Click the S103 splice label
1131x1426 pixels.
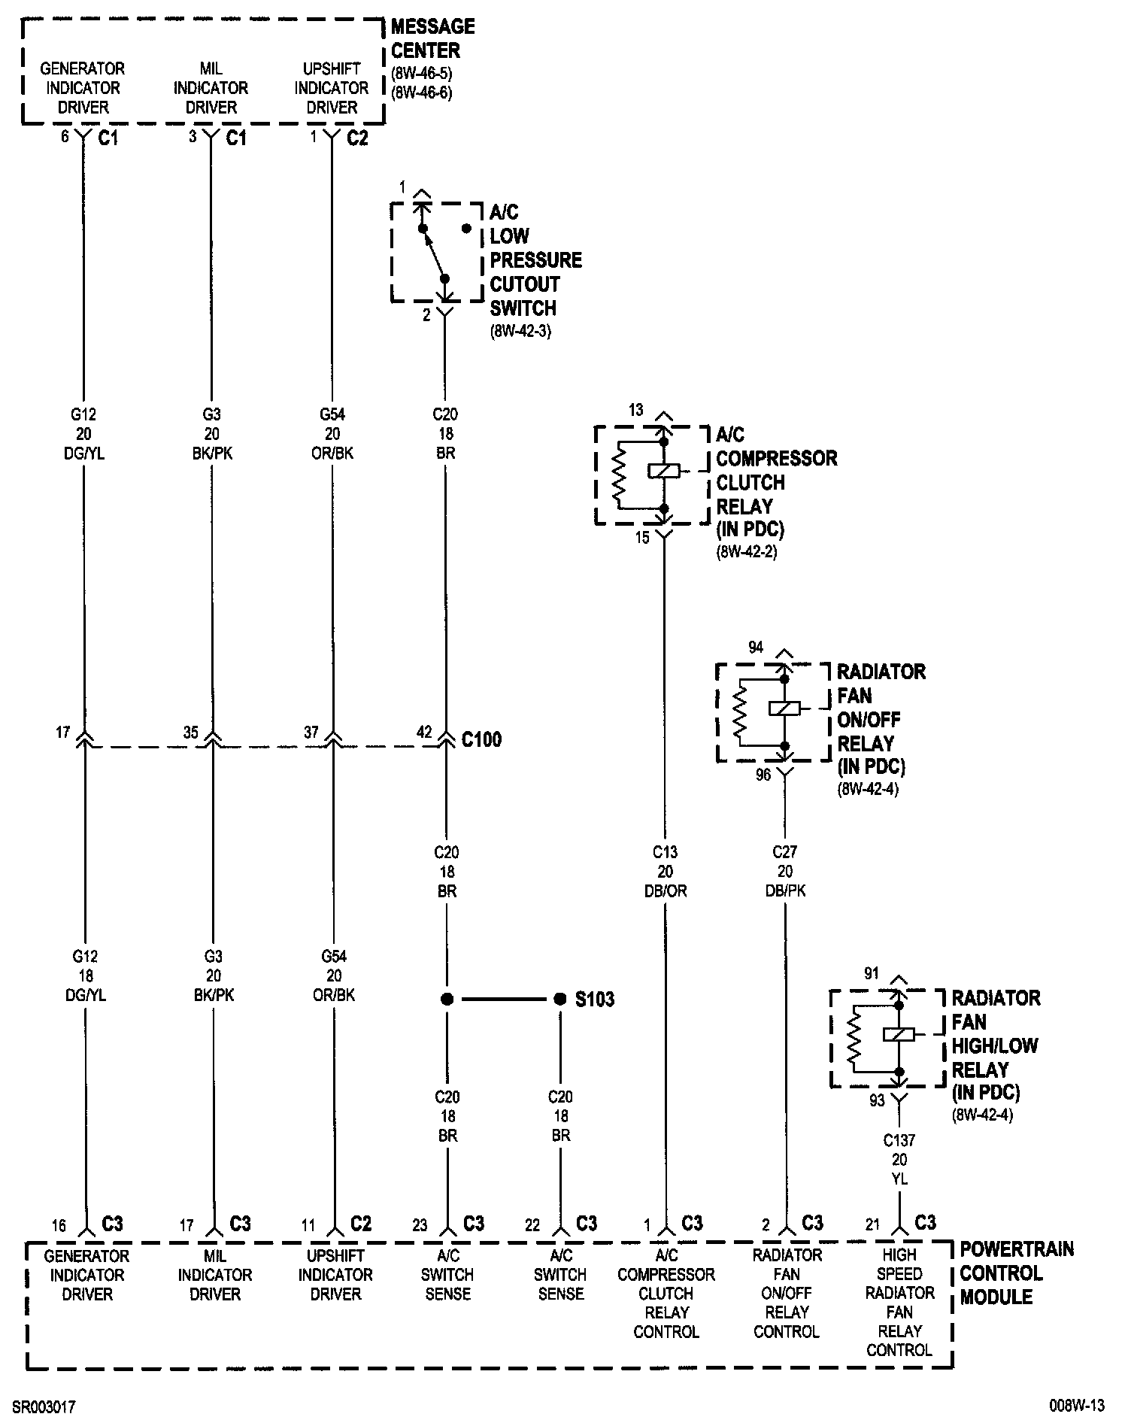click(595, 1000)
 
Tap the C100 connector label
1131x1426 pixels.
click(481, 739)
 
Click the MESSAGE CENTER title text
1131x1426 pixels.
click(432, 38)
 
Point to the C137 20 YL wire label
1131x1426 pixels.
click(899, 1160)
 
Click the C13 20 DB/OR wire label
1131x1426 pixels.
click(665, 872)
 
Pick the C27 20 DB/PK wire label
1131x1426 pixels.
click(785, 872)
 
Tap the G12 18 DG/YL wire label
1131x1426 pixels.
click(85, 975)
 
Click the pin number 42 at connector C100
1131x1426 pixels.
click(424, 732)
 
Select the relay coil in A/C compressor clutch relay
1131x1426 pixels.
click(663, 471)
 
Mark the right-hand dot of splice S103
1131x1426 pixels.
click(559, 1000)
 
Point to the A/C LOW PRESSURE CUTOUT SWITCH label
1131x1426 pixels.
click(535, 260)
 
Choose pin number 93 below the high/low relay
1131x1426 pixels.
click(877, 1101)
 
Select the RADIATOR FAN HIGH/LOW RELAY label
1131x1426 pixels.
click(995, 1045)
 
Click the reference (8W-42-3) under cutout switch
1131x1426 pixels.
click(520, 331)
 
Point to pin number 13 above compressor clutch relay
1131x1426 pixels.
click(636, 410)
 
